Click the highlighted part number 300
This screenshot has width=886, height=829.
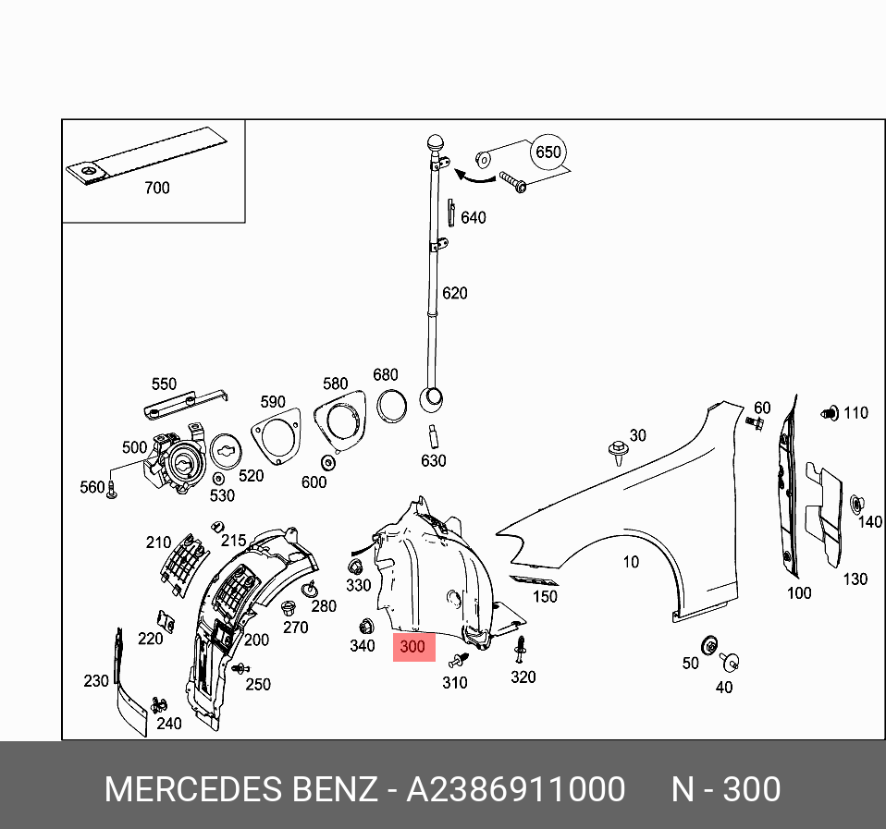(412, 647)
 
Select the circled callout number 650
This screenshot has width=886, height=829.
(548, 152)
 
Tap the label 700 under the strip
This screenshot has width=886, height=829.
(157, 188)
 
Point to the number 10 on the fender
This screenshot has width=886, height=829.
(630, 561)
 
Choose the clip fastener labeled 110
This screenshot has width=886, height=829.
(830, 412)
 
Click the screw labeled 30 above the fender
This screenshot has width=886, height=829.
(617, 452)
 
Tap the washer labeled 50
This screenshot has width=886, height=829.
(711, 643)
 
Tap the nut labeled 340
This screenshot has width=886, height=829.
(363, 624)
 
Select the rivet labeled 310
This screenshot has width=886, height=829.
(460, 660)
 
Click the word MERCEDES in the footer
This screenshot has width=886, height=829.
(191, 790)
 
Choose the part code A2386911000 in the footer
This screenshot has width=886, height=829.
(516, 790)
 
